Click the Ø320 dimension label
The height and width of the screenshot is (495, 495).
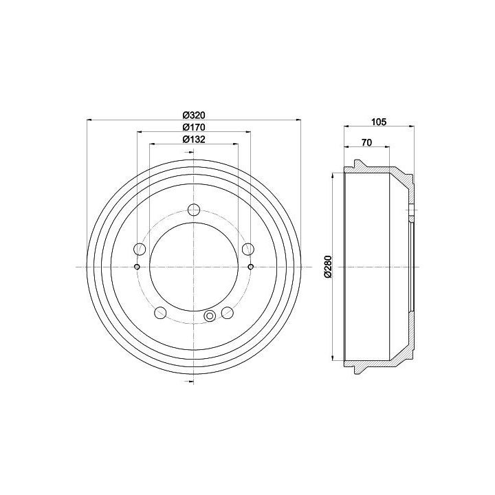click(194, 115)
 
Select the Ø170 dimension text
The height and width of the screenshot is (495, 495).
click(194, 127)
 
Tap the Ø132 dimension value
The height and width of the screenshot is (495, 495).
click(194, 139)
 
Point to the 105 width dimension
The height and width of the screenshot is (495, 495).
click(379, 122)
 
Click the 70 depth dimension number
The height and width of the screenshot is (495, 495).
click(366, 142)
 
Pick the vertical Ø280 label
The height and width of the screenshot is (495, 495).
click(328, 267)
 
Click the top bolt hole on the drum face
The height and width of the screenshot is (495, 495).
click(194, 210)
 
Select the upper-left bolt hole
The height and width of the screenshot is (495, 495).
click(140, 249)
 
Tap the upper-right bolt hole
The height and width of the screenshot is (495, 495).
click(248, 249)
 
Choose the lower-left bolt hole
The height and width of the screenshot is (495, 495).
click(160, 313)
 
